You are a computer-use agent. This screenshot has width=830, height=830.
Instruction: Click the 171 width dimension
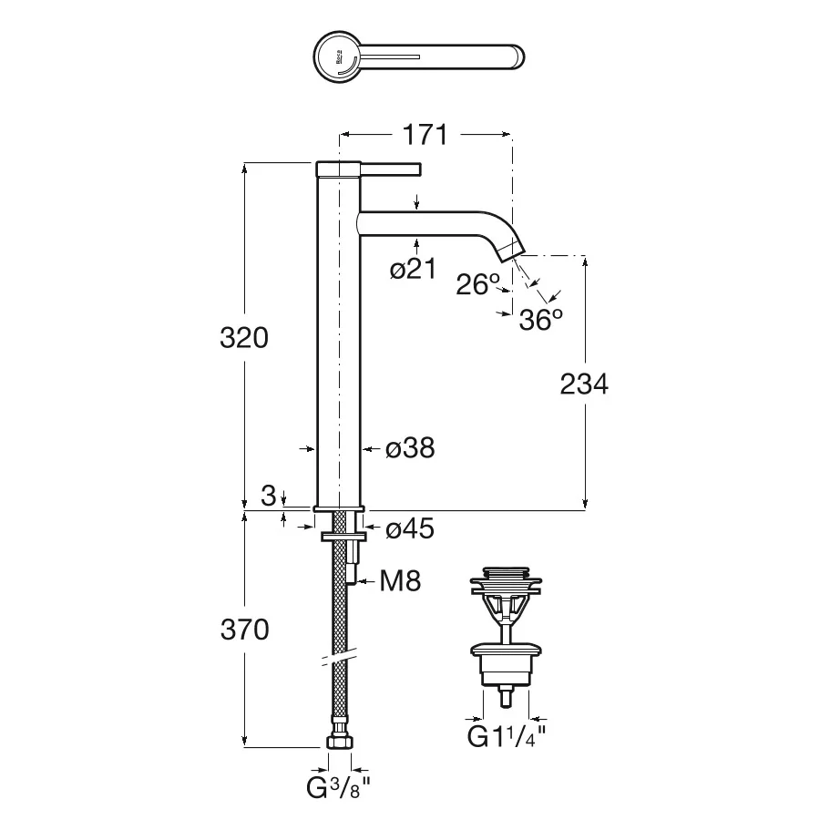(425, 135)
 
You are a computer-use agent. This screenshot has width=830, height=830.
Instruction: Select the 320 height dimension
(244, 337)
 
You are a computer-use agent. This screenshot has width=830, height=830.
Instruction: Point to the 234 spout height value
(584, 384)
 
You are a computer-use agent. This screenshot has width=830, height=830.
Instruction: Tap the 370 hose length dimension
(244, 630)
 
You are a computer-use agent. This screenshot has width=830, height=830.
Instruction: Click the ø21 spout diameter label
(414, 269)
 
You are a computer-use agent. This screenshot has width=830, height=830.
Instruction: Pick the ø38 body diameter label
(410, 448)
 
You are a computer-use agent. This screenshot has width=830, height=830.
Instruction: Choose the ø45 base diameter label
(410, 528)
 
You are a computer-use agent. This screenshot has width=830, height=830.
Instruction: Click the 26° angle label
(478, 284)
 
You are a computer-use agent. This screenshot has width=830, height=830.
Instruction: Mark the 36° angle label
(540, 319)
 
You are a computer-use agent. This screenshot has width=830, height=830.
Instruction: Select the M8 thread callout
(400, 581)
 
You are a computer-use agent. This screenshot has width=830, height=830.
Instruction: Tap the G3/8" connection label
(338, 788)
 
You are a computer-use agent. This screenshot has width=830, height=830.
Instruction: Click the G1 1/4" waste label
(506, 736)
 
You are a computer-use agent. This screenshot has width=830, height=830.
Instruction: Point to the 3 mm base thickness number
(269, 496)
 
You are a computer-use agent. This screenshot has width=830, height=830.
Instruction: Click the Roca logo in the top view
(339, 56)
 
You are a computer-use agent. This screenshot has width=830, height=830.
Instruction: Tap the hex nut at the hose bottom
(339, 741)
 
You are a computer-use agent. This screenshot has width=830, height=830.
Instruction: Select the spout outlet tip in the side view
(511, 251)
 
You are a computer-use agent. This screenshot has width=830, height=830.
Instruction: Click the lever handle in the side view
(391, 169)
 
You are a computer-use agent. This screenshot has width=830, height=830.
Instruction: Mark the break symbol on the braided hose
(340, 657)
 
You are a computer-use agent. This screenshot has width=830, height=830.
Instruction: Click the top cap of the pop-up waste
(506, 572)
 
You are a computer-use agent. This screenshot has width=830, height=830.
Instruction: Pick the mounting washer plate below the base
(343, 537)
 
